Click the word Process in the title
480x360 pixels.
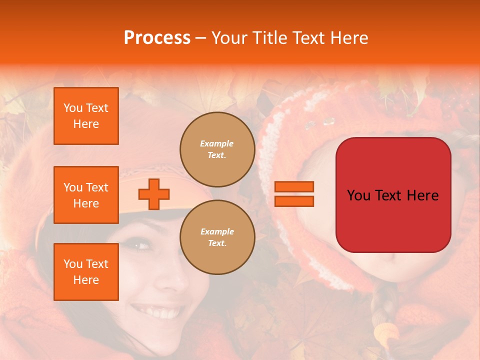[157, 38]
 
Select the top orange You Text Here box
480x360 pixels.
[86, 116]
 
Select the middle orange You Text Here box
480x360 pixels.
[86, 195]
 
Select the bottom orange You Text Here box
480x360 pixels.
[86, 272]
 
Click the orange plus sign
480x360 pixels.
[154, 194]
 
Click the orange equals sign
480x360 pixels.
[294, 194]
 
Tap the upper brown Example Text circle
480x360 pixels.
[217, 149]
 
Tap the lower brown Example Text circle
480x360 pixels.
[217, 237]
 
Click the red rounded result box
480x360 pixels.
[393, 195]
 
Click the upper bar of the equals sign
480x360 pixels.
[294, 187]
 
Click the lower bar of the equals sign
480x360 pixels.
[294, 201]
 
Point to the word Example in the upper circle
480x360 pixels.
[217, 143]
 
